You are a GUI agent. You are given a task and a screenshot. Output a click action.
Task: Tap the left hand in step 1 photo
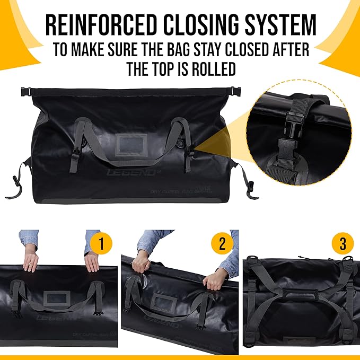31,259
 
